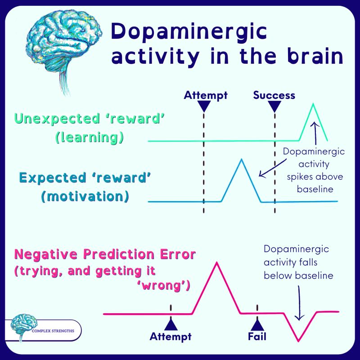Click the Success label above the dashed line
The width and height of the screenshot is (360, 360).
[x=274, y=95]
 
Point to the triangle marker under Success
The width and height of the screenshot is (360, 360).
[x=274, y=106]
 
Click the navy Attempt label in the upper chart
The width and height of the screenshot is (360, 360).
[x=206, y=95]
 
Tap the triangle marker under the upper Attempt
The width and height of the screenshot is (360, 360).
[x=204, y=106]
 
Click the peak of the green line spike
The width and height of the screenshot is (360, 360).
[x=314, y=104]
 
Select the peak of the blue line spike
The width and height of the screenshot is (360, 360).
[x=242, y=159]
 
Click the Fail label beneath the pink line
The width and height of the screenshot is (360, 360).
[x=257, y=336]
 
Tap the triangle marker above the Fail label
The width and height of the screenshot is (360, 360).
[x=257, y=324]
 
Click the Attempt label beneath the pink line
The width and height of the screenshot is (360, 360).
[x=171, y=336]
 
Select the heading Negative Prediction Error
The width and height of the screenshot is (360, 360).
[x=105, y=255]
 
